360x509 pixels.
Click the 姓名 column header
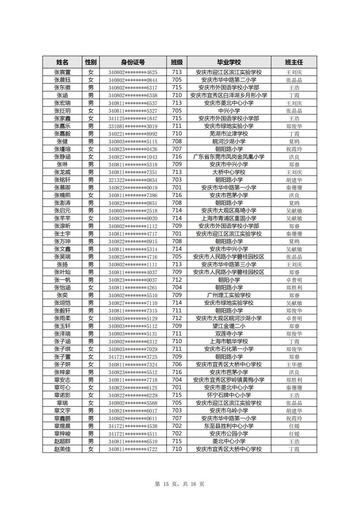[62, 62]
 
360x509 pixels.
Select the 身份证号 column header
[132, 62]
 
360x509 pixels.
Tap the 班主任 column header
[294, 62]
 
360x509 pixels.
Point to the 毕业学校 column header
[229, 62]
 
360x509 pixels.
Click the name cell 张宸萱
[62, 72]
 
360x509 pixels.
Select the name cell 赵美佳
[62, 449]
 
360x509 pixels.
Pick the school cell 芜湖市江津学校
[229, 134]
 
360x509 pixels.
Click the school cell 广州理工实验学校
[229, 295]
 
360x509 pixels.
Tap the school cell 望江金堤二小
[229, 326]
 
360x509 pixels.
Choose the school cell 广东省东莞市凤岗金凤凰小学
[229, 157]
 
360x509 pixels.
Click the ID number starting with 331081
[132, 126]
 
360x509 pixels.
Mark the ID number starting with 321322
[132, 180]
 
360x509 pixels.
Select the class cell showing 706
[177, 364]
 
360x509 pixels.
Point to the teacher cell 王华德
[294, 364]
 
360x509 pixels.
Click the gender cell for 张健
[91, 141]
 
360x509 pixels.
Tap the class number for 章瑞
[177, 403]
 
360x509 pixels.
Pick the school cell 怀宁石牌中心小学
[229, 395]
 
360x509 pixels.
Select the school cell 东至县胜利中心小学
[229, 426]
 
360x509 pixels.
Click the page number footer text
[180, 484]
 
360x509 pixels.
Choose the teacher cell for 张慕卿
[294, 187]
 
